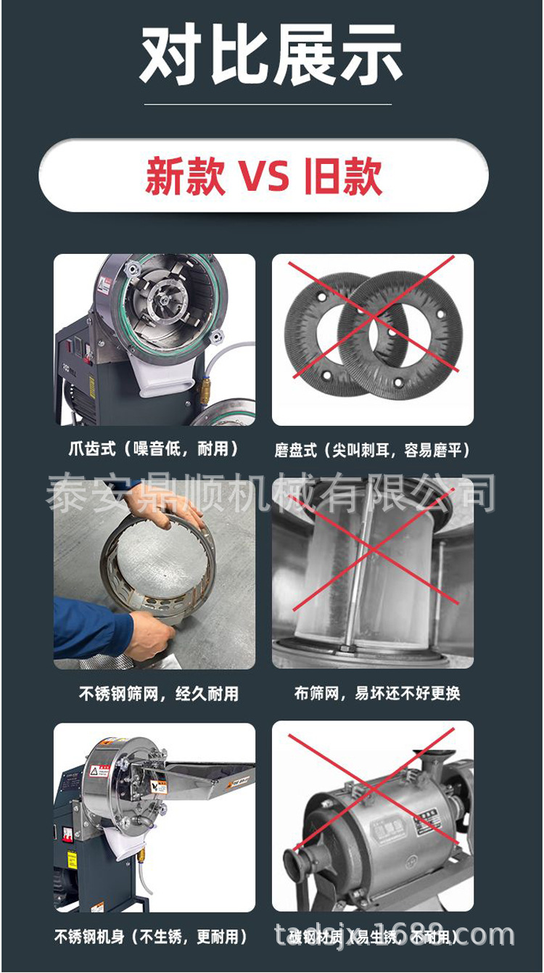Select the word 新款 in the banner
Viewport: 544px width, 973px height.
(x=185, y=176)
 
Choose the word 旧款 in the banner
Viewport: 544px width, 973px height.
(x=343, y=176)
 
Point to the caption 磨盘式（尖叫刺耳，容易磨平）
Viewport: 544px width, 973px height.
(x=372, y=451)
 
